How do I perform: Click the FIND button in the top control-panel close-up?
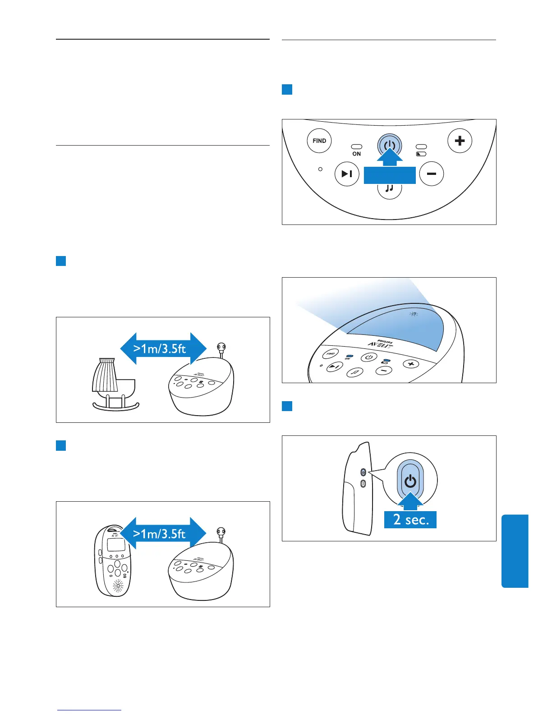[x=319, y=141]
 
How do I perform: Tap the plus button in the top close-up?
[x=460, y=141]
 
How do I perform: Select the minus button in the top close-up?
[x=432, y=174]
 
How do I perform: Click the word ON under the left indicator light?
[x=356, y=154]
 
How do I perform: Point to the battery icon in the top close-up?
[x=421, y=154]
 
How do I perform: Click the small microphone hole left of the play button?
[x=321, y=169]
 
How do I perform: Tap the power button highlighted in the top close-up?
[x=390, y=146]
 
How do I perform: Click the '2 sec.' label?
[x=410, y=520]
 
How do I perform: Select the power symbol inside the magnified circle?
[x=410, y=481]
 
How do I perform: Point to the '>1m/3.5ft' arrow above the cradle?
[x=163, y=348]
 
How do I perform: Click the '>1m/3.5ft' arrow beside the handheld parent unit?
[x=163, y=534]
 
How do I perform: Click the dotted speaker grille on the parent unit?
[x=118, y=586]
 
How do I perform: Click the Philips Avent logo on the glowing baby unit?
[x=380, y=343]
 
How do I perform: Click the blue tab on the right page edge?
[x=515, y=551]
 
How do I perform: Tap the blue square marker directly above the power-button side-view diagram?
[x=287, y=406]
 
